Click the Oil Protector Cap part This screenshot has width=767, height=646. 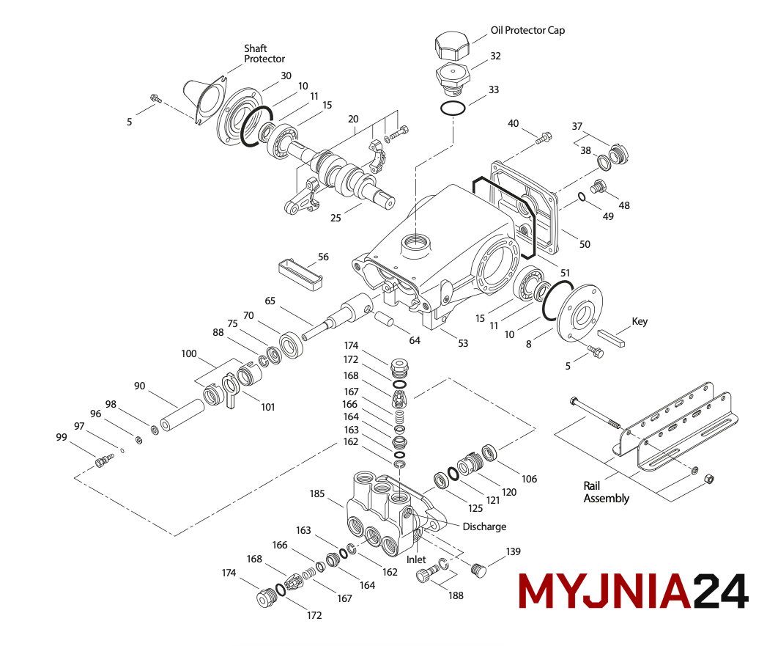[451, 46]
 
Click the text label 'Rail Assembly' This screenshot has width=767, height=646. [606, 492]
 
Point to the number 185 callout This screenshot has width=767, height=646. [316, 494]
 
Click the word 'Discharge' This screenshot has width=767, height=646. [484, 526]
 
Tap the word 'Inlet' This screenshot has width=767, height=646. [416, 559]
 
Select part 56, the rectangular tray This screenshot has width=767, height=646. [300, 274]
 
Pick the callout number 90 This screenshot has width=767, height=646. [140, 386]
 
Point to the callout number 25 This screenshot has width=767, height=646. [336, 218]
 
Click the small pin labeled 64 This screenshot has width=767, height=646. [385, 321]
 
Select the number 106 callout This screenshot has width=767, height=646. [529, 479]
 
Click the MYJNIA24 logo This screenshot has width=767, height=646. [633, 590]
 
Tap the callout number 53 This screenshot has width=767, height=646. [462, 343]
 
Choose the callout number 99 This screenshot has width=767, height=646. [62, 437]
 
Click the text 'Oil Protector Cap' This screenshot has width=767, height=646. [527, 31]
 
